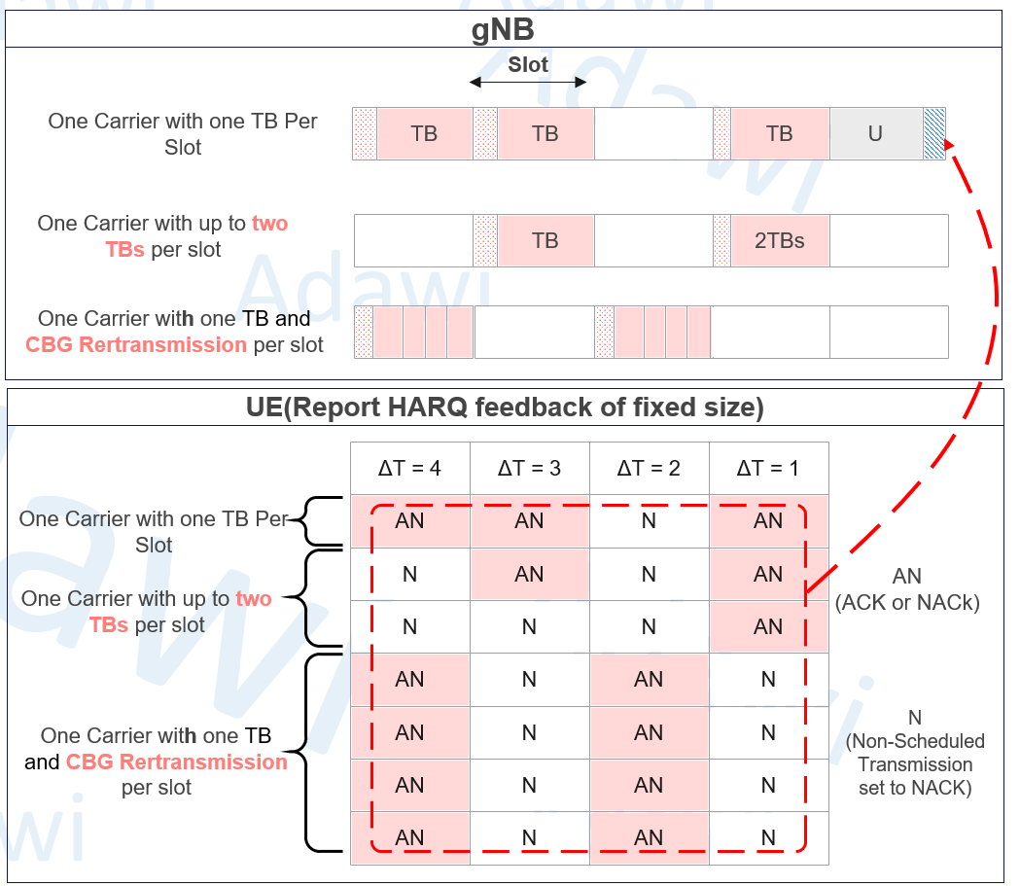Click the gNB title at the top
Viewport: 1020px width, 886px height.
[503, 30]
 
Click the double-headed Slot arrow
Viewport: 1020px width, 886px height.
[528, 82]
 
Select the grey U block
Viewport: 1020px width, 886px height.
[875, 133]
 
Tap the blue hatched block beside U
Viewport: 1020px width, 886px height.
[934, 133]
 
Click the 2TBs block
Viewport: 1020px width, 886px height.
[779, 240]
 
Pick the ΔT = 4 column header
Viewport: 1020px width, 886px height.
[409, 469]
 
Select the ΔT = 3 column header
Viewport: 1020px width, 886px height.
[530, 469]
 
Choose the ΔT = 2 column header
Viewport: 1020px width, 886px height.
[649, 469]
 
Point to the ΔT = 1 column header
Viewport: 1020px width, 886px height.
[768, 469]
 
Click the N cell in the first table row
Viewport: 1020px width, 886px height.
[649, 521]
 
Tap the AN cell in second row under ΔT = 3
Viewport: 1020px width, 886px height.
[530, 575]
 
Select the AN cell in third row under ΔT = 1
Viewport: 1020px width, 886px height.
[768, 627]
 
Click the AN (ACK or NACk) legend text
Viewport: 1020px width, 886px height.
[907, 589]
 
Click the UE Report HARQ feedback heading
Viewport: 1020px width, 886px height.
[505, 408]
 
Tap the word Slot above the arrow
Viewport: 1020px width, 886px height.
[528, 64]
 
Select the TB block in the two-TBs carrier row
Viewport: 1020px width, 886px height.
[545, 240]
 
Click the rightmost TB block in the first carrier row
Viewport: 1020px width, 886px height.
[779, 133]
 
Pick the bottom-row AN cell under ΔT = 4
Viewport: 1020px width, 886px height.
[409, 838]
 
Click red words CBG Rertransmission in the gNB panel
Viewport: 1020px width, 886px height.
[136, 345]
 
